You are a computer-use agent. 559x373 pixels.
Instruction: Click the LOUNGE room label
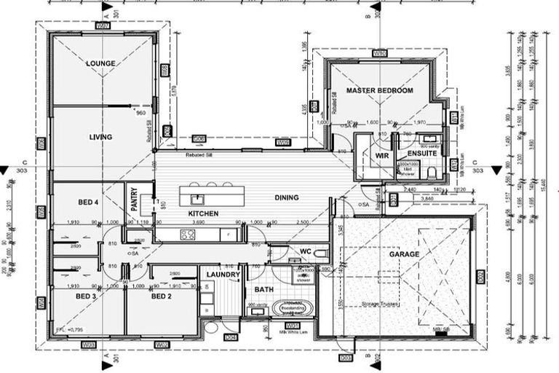(x=100, y=63)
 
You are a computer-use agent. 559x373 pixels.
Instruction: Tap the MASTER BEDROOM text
(x=379, y=90)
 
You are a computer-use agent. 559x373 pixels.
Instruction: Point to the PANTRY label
(x=134, y=200)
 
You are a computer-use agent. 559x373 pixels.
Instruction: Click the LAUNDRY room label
(x=222, y=275)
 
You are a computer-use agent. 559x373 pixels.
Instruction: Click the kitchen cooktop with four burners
(x=187, y=235)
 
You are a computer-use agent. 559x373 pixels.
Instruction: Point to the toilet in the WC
(x=321, y=254)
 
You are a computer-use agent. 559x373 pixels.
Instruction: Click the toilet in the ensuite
(x=432, y=173)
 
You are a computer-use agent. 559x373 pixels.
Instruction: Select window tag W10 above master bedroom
(x=379, y=54)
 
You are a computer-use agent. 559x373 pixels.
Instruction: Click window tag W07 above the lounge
(x=102, y=25)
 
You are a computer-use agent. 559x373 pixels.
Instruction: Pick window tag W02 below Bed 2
(x=162, y=344)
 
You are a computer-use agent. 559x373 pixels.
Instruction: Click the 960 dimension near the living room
(x=141, y=114)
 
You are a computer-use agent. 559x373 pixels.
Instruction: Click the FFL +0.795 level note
(x=69, y=330)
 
